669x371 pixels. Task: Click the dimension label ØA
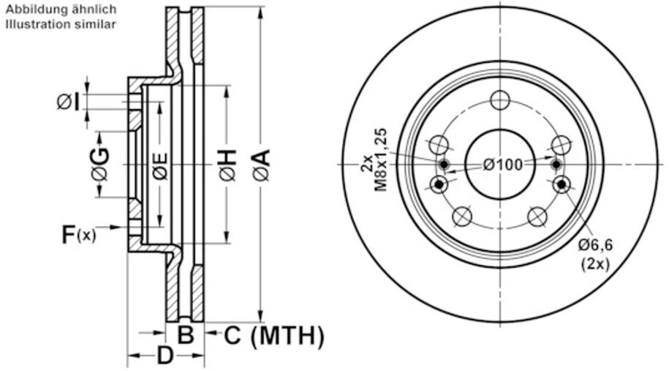[x=262, y=165]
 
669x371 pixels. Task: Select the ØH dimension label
[x=227, y=165]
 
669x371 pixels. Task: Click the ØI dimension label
[x=68, y=102]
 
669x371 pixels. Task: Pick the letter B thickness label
[x=186, y=336]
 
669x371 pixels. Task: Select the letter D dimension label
[x=166, y=356]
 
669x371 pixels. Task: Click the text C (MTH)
[x=273, y=336]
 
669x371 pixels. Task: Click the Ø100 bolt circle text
[x=503, y=164]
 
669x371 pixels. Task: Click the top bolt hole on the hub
[x=500, y=100]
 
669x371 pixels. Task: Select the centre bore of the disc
[x=500, y=164]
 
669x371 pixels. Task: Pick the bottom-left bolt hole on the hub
[x=462, y=216]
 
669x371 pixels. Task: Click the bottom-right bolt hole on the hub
[x=537, y=216]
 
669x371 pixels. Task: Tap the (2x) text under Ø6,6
[x=594, y=263]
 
